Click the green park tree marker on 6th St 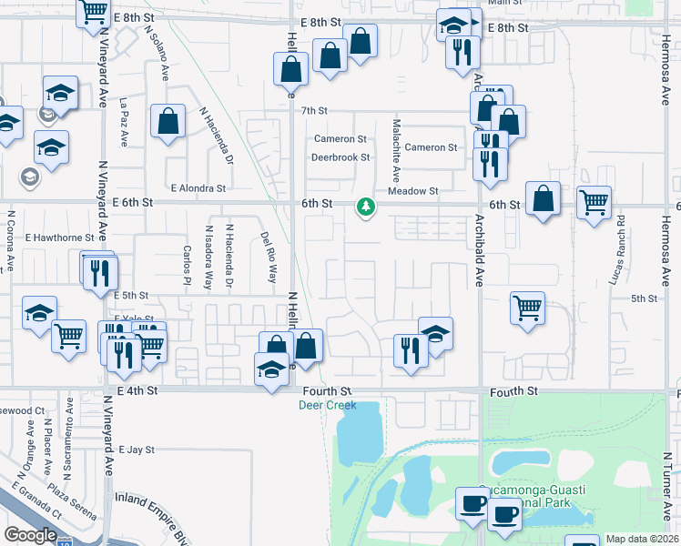tap(366, 207)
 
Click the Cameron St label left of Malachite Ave tap(340, 139)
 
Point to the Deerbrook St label tap(340, 157)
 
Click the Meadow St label tap(413, 191)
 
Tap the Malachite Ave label tap(396, 150)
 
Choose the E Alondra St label tap(198, 188)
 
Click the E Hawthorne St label tap(63, 238)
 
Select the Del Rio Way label tap(268, 255)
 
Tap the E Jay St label tap(137, 450)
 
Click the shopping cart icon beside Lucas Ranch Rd tap(594, 202)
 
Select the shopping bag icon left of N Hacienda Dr tap(168, 122)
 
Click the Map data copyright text tap(642, 539)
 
